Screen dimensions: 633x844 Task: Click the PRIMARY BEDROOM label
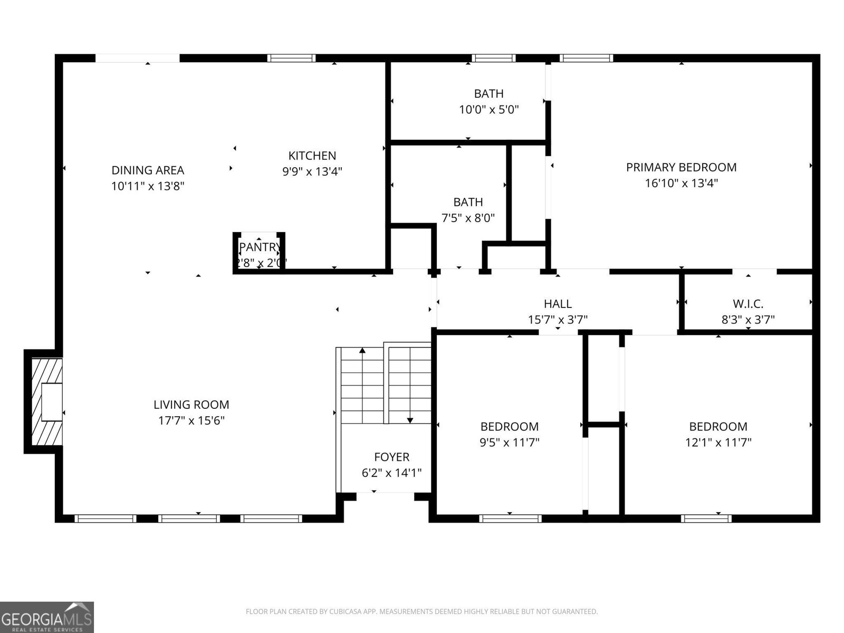click(x=681, y=167)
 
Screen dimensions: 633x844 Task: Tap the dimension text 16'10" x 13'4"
click(x=681, y=184)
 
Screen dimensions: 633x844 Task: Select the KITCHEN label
click(x=312, y=156)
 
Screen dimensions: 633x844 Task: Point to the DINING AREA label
click(x=148, y=170)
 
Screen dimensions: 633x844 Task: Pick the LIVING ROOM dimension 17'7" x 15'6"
click(x=191, y=421)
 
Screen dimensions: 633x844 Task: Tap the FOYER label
click(x=391, y=457)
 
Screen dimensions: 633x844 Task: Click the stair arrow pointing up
click(x=362, y=351)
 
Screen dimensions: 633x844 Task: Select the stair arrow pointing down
click(x=410, y=419)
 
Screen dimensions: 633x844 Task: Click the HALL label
click(x=558, y=304)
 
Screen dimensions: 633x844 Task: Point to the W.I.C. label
click(x=747, y=304)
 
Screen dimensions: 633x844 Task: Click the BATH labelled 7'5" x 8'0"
click(x=468, y=209)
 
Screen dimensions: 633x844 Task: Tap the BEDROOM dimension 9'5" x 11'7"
click(x=509, y=442)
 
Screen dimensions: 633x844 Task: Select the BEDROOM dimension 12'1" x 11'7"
click(x=718, y=442)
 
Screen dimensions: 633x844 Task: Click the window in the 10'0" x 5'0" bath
click(x=493, y=58)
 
